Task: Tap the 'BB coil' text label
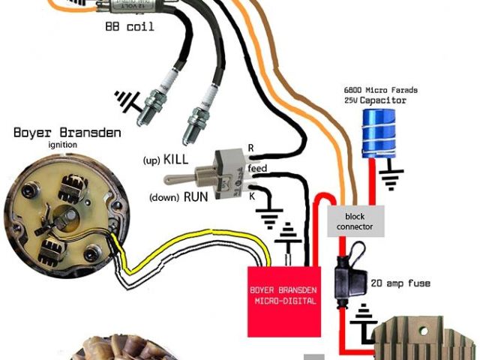click(x=130, y=26)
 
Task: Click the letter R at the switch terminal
click(x=251, y=148)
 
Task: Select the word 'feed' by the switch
click(x=257, y=169)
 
